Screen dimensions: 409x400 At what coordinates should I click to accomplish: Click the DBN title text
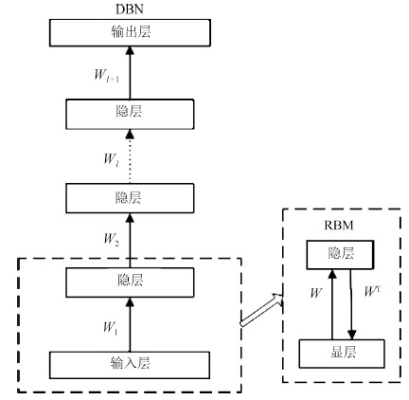coord(130,9)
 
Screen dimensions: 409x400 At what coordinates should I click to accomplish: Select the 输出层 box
coord(130,33)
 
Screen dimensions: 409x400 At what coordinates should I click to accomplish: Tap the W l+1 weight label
coord(107,76)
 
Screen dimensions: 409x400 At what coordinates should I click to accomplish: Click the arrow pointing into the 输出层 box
coord(130,73)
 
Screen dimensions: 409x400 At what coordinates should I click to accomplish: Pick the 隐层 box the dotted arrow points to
coord(130,114)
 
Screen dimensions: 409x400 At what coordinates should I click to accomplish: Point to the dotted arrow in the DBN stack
coord(130,156)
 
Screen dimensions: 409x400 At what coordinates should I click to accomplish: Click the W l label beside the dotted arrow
coord(112,159)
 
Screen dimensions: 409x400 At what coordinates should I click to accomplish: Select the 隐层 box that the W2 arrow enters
coord(130,198)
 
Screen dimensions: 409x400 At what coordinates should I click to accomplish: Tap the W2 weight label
coord(112,239)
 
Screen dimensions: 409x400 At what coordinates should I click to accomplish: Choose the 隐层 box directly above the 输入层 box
coord(130,282)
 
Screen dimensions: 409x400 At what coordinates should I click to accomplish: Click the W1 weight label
coord(111,328)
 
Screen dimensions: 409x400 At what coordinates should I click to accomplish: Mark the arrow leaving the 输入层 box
coord(130,325)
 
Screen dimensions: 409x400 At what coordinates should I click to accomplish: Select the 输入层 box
coord(130,365)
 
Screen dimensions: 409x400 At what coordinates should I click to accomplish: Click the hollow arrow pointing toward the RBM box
coord(262,310)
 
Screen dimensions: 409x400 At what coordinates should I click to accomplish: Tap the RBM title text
coord(339,226)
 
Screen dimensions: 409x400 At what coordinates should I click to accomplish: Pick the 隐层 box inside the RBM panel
coord(340,255)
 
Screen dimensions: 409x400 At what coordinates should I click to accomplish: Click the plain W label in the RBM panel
coord(315,293)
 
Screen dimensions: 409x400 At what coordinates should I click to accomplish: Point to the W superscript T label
coord(371,291)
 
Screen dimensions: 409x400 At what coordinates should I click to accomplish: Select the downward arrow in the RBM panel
coord(351,304)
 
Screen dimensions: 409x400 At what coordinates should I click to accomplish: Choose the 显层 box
coord(342,354)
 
